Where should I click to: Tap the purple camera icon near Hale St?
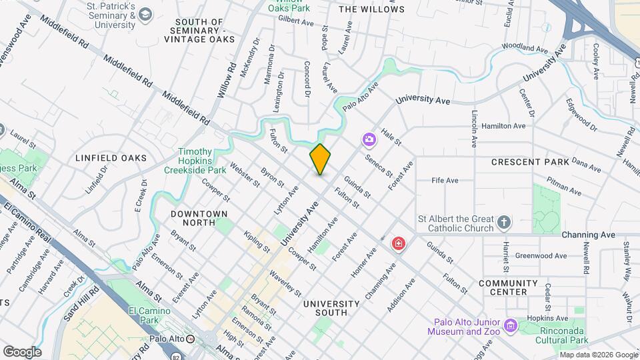point(369,139)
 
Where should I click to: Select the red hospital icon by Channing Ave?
point(399,244)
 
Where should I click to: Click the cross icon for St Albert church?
point(505,222)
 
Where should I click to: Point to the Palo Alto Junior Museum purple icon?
point(511,326)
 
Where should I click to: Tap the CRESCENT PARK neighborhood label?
point(530,162)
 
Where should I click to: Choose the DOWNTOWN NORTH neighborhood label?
point(199,214)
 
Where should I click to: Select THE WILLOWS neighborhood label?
point(371,9)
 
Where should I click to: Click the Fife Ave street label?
point(445,180)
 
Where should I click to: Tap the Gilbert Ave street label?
point(296,22)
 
